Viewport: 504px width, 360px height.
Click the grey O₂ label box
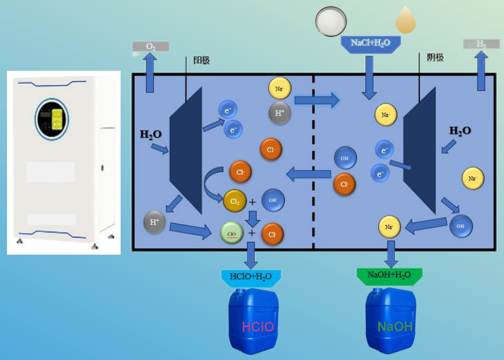pyautogui.click(x=150, y=46)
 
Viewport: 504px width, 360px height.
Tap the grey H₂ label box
pyautogui.click(x=481, y=44)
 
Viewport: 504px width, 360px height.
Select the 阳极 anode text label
pyautogui.click(x=201, y=60)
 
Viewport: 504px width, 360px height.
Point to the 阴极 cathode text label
pyautogui.click(x=435, y=57)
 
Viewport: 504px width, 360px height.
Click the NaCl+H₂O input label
pyautogui.click(x=370, y=43)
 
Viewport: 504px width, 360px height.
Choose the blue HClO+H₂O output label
pyautogui.click(x=251, y=275)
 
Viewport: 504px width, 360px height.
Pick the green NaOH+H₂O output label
pyautogui.click(x=389, y=275)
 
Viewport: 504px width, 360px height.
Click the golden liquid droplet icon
pyautogui.click(x=406, y=20)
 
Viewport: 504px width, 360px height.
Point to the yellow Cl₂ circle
pyautogui.click(x=235, y=201)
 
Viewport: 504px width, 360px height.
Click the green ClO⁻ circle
pyautogui.click(x=231, y=233)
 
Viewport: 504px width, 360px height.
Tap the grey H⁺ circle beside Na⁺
pyautogui.click(x=280, y=113)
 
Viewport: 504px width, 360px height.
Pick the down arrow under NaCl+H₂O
pyautogui.click(x=369, y=76)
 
